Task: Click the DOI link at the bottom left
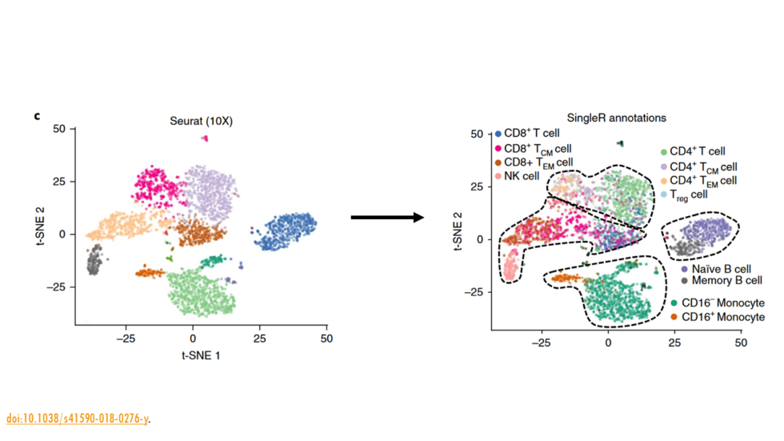(x=78, y=419)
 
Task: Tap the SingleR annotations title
(x=616, y=118)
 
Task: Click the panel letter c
(x=37, y=117)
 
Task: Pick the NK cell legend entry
(x=521, y=176)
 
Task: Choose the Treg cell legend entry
(x=688, y=194)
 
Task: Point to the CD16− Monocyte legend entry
(x=723, y=303)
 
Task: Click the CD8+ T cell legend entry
(x=531, y=133)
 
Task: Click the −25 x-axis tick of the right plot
(x=540, y=343)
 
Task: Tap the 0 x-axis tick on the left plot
(x=192, y=339)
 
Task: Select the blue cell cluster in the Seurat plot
(x=286, y=229)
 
